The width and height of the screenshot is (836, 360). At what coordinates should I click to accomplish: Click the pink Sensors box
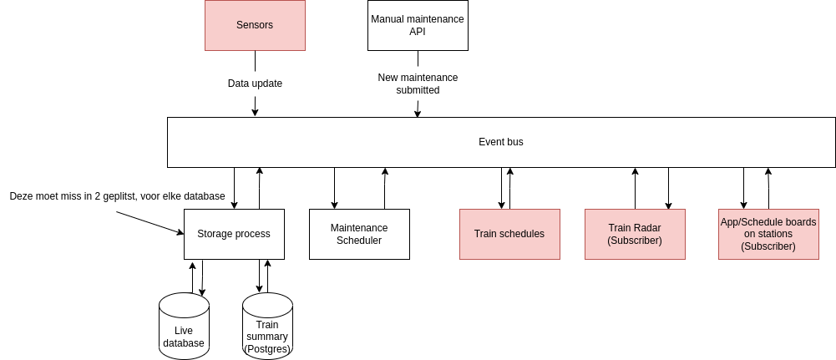255,25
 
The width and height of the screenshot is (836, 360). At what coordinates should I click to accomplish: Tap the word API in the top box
418,32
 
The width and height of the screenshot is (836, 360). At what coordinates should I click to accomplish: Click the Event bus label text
500,142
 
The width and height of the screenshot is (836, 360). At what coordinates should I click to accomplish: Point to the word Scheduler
359,241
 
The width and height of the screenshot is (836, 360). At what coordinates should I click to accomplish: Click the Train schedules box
509,234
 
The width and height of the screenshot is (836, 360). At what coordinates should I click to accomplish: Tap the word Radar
646,228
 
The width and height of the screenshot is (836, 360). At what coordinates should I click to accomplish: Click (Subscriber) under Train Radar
635,241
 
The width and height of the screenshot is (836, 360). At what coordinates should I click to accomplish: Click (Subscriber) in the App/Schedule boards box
768,246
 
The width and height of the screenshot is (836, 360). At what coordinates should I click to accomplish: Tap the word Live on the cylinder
184,331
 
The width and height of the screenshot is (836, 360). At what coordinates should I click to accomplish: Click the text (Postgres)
267,348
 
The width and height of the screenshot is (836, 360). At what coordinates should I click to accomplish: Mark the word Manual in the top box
387,19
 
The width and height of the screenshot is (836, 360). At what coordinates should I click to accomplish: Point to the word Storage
215,234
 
